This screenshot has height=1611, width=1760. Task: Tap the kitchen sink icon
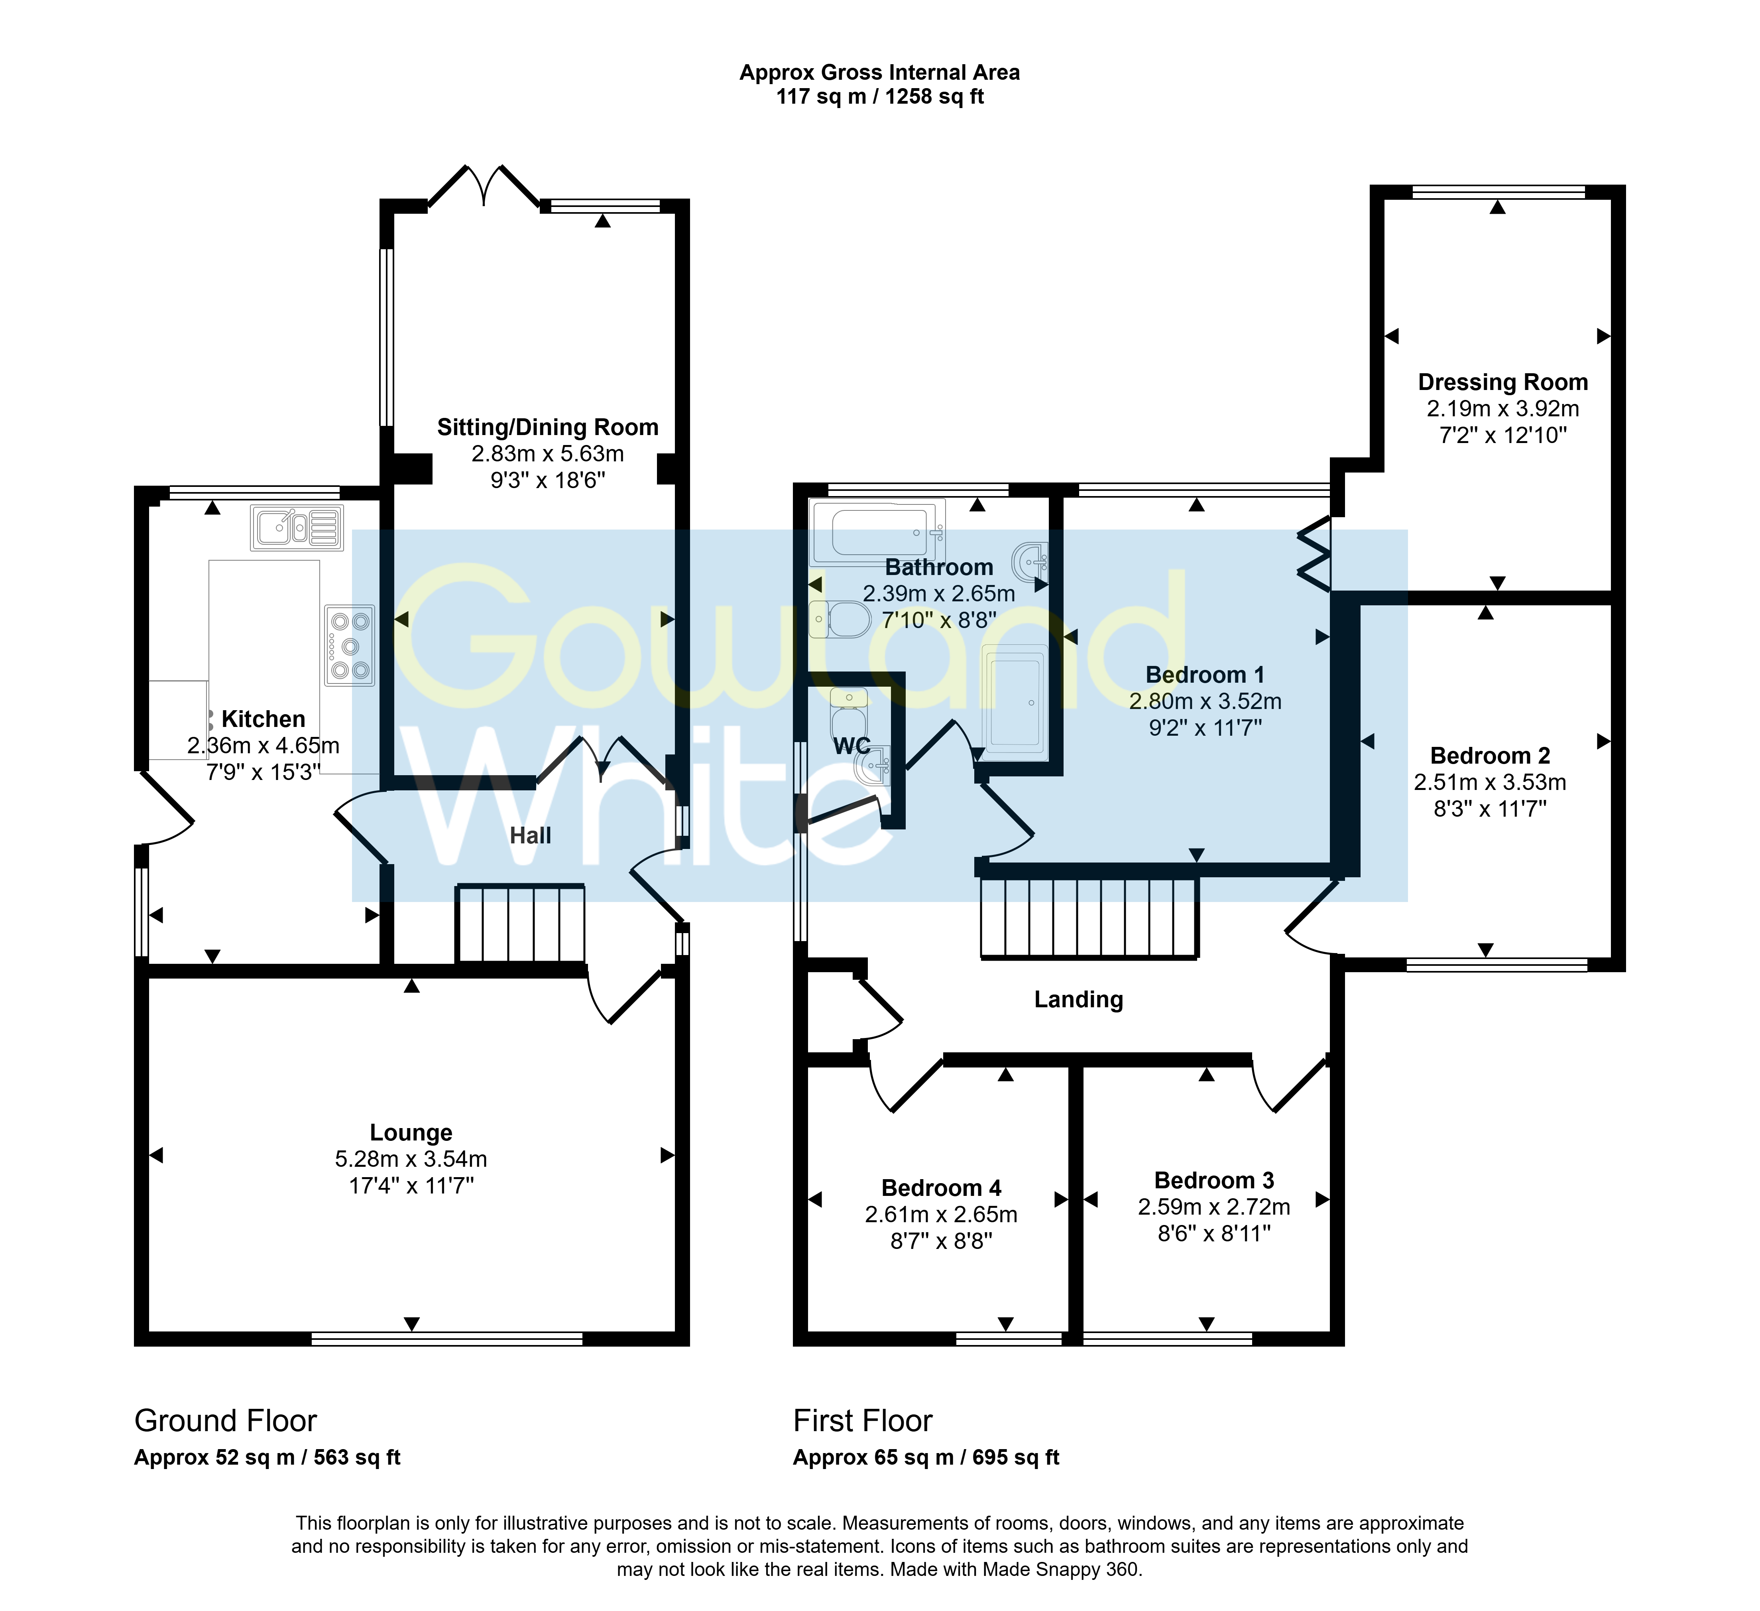tap(297, 528)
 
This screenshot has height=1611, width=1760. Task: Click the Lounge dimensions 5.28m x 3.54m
tap(411, 1160)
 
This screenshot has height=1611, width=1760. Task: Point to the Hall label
tap(530, 836)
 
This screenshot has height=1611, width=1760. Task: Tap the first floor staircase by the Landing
tap(1089, 918)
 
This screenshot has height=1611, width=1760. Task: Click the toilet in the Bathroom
tap(840, 620)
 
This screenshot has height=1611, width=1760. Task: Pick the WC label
tap(852, 746)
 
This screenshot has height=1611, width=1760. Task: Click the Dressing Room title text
tap(1502, 382)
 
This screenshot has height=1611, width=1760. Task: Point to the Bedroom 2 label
tap(1490, 756)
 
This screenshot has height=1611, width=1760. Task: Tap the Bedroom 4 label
tap(941, 1188)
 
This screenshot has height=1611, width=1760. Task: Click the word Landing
tap(1078, 1000)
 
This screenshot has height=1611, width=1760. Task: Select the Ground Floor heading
tap(225, 1421)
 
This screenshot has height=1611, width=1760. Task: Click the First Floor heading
tap(863, 1421)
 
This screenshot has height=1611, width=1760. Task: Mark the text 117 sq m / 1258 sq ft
tap(880, 97)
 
